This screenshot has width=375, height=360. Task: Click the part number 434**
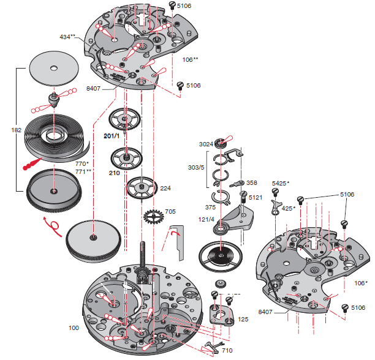68,37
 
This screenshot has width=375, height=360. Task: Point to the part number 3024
205,144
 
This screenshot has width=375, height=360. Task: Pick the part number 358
252,183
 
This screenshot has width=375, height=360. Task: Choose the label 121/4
206,219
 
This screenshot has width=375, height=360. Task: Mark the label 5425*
281,183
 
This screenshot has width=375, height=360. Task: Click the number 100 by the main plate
74,328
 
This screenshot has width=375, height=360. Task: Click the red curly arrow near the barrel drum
56,227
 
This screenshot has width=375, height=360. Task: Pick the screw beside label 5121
243,197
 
